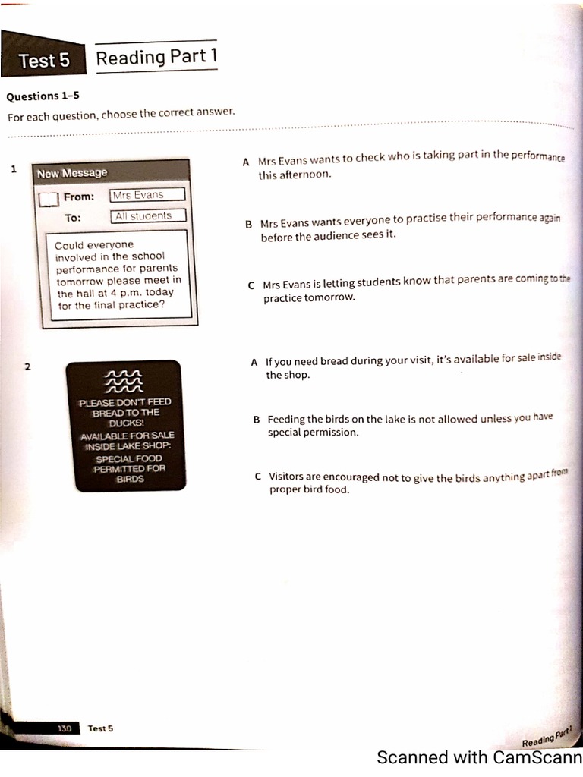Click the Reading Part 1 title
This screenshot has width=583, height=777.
tap(157, 57)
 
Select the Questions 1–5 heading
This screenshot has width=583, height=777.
tap(43, 96)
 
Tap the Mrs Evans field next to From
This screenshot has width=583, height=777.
tap(147, 195)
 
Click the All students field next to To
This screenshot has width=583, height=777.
tap(148, 216)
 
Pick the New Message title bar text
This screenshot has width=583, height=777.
tap(72, 173)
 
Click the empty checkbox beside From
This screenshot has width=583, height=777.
tap(48, 199)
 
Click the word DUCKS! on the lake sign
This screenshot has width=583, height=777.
tap(125, 423)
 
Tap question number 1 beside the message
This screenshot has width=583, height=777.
tap(14, 169)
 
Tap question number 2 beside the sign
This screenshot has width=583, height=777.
tap(28, 367)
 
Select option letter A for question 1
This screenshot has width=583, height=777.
tap(245, 162)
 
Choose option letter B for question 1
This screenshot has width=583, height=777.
tap(248, 225)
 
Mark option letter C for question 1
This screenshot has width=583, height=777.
tap(251, 286)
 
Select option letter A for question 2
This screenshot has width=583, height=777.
tap(254, 362)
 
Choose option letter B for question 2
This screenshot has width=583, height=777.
tap(257, 419)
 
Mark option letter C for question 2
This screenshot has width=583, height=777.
tap(259, 477)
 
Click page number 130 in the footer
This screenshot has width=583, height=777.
tap(65, 728)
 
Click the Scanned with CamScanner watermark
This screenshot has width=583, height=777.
tap(479, 757)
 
